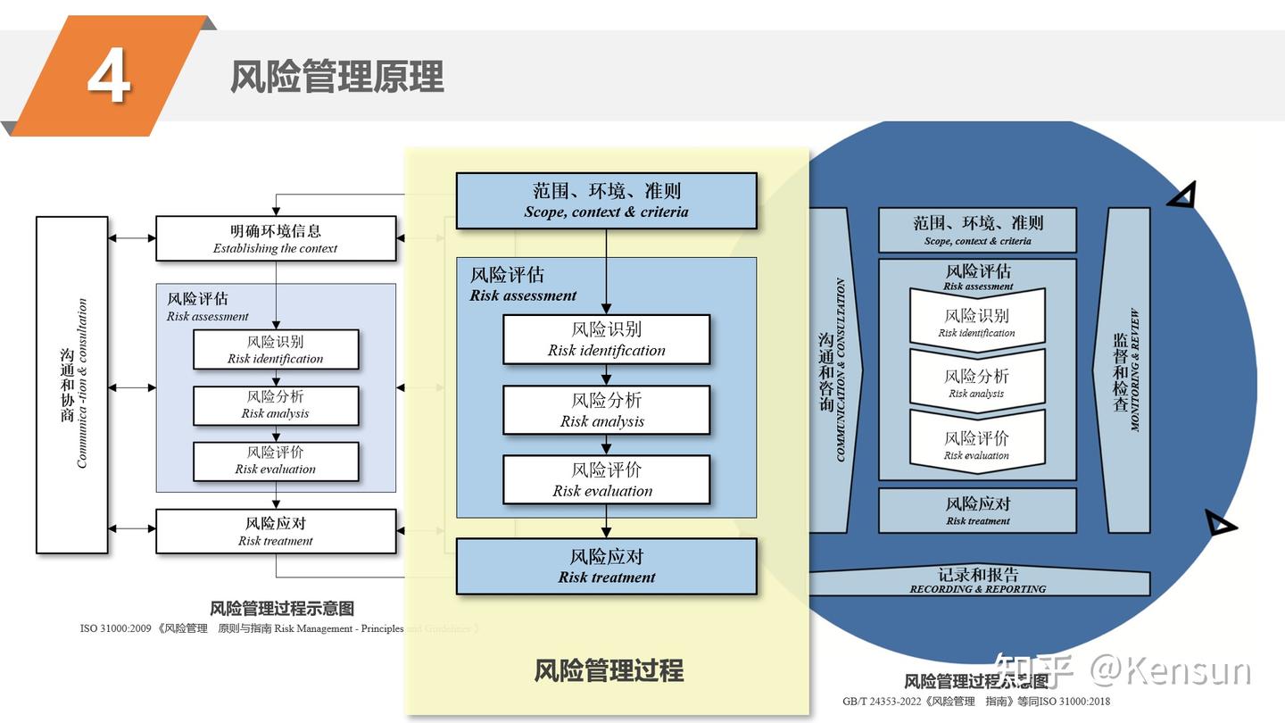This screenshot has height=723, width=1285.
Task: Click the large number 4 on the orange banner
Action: [109, 77]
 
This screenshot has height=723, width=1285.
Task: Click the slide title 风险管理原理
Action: [336, 77]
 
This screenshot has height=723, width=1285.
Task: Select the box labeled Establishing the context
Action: [276, 238]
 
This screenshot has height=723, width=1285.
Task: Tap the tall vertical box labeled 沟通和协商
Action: [72, 385]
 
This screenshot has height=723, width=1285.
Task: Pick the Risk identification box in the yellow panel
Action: [606, 339]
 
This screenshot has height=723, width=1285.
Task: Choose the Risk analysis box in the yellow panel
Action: [606, 410]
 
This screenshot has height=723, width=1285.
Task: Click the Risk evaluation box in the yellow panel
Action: [606, 479]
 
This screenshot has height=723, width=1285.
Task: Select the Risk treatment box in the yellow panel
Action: [606, 566]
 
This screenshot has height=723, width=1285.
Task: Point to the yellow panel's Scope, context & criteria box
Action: [606, 201]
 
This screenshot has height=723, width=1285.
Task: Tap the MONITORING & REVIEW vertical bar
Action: [1126, 370]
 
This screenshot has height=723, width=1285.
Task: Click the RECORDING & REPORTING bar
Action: [978, 581]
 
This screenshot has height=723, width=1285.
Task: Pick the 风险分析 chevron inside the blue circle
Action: [976, 382]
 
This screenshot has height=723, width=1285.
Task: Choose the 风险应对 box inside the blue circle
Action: [977, 511]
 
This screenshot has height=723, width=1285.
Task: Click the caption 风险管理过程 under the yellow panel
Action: [609, 670]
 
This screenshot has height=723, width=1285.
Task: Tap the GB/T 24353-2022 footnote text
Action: [976, 702]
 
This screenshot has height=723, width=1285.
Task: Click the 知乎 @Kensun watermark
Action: [1123, 670]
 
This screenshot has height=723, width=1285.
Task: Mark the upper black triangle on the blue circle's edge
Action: [1182, 195]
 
